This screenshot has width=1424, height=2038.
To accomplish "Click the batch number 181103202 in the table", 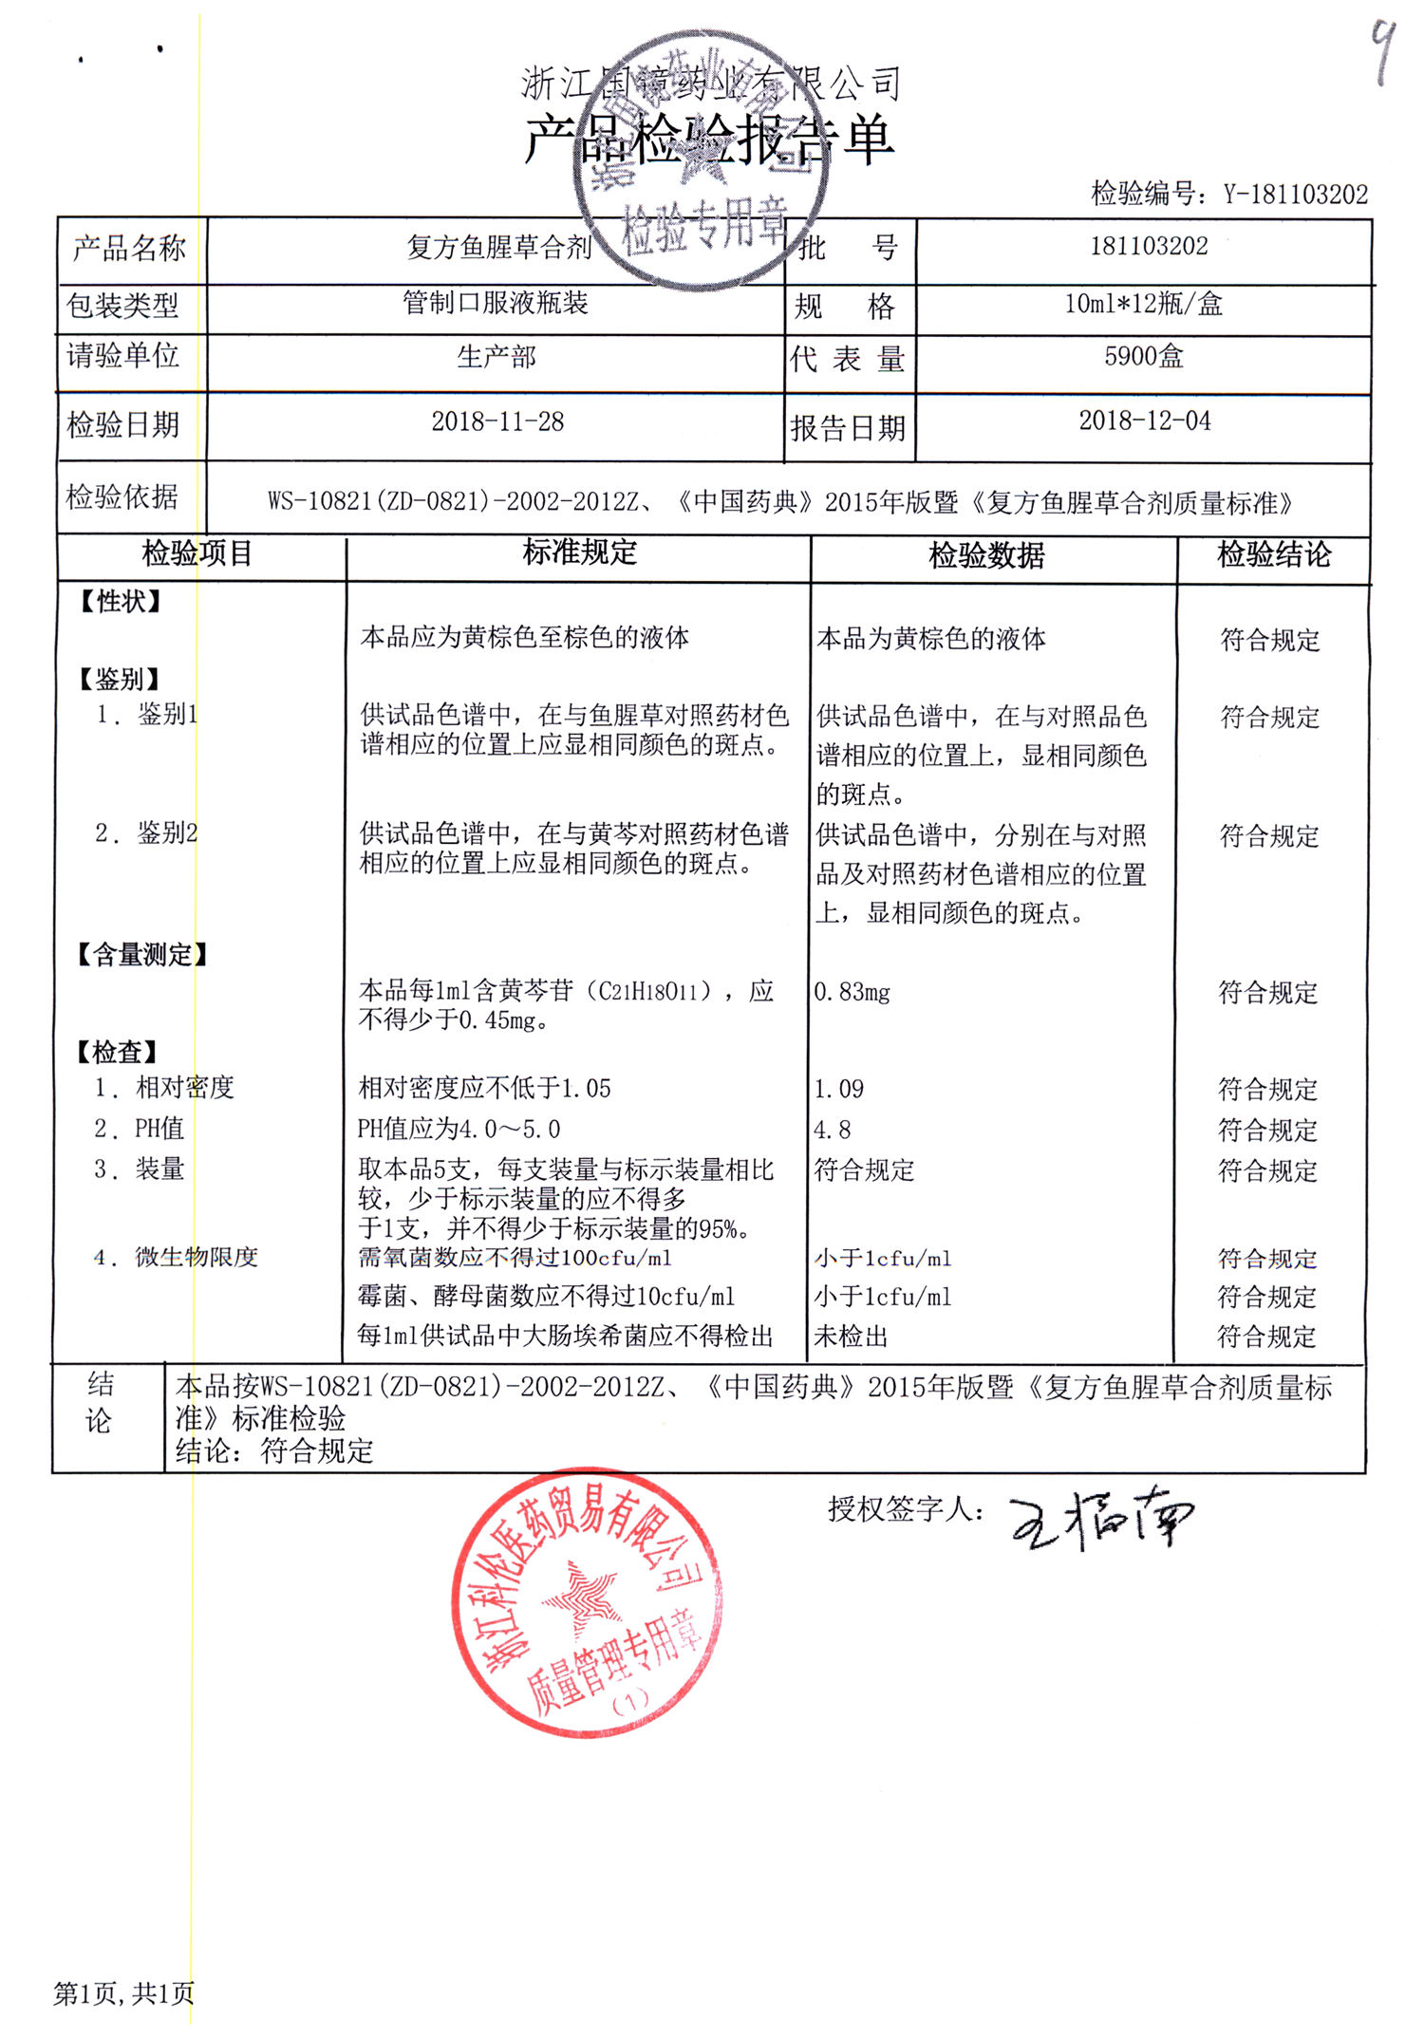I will tap(1149, 247).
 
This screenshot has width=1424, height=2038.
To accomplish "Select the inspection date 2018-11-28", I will tap(497, 421).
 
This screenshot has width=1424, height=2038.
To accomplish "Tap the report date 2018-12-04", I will tap(1145, 421).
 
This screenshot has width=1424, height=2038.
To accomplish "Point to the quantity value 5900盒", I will tap(1144, 357).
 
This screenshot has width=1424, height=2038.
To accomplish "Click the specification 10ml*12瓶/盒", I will tap(1143, 304).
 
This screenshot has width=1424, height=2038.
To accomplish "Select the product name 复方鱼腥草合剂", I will tap(499, 248).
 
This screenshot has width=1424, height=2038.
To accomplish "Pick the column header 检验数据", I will tap(986, 555).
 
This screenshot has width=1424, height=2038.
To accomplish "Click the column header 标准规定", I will tap(579, 552).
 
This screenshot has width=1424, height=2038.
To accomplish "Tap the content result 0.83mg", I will tap(853, 993).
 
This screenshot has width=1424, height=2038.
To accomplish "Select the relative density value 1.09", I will tap(839, 1089).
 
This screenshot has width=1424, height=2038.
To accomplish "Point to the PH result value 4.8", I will tap(833, 1130).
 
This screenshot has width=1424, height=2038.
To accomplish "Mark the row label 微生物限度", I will tap(197, 1258).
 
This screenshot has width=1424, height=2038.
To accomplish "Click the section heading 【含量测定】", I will tap(141, 955).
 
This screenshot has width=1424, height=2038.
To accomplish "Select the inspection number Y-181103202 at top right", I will tap(1295, 195).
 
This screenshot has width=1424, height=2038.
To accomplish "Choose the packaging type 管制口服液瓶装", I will tap(496, 303).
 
